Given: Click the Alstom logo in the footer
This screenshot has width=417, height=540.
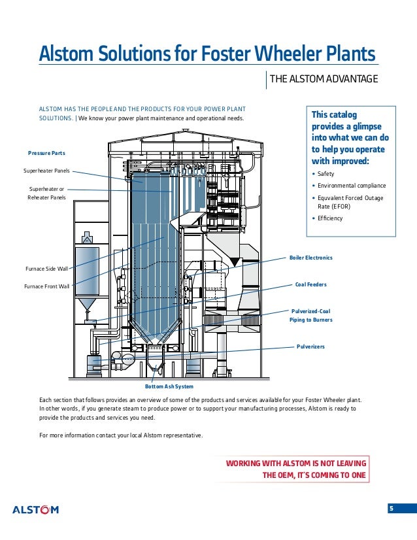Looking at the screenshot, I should tap(36, 510).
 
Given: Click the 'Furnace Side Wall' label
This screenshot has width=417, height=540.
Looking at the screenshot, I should tap(46, 269).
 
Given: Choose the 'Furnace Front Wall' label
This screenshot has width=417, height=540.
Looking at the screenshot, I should tap(46, 286).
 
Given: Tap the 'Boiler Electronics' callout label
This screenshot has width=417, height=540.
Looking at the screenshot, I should tap(311, 258).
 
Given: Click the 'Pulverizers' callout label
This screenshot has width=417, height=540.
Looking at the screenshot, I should tap(310, 346).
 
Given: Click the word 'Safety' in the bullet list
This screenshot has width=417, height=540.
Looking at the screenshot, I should tap(325, 173).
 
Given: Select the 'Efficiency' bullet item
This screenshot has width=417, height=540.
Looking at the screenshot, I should tap(329, 218).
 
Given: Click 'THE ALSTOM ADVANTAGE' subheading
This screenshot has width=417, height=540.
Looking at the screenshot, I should tap(324, 80).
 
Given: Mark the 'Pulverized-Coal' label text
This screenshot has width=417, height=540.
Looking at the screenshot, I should tap(310, 311).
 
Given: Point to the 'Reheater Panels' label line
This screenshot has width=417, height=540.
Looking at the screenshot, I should tap(46, 197).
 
